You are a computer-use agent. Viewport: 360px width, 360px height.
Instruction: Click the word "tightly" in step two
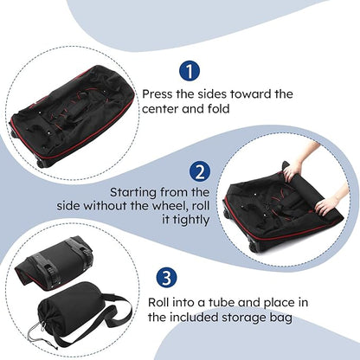[x=188, y=221]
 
